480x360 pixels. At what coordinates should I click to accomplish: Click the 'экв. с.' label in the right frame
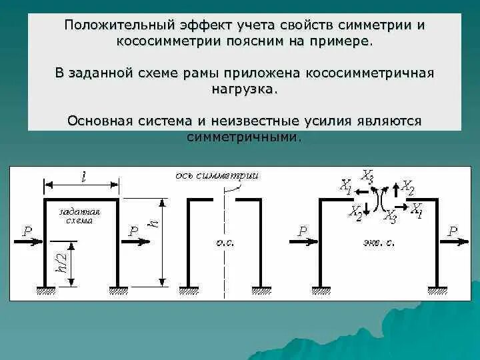click(382, 243)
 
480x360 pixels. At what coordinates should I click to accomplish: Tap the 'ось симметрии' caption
click(217, 175)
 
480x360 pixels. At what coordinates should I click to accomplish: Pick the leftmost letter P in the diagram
click(27, 231)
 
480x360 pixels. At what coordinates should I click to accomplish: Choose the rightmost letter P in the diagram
click(453, 231)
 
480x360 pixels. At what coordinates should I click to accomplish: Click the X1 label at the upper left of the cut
click(345, 185)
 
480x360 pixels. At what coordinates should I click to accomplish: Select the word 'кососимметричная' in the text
click(370, 72)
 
